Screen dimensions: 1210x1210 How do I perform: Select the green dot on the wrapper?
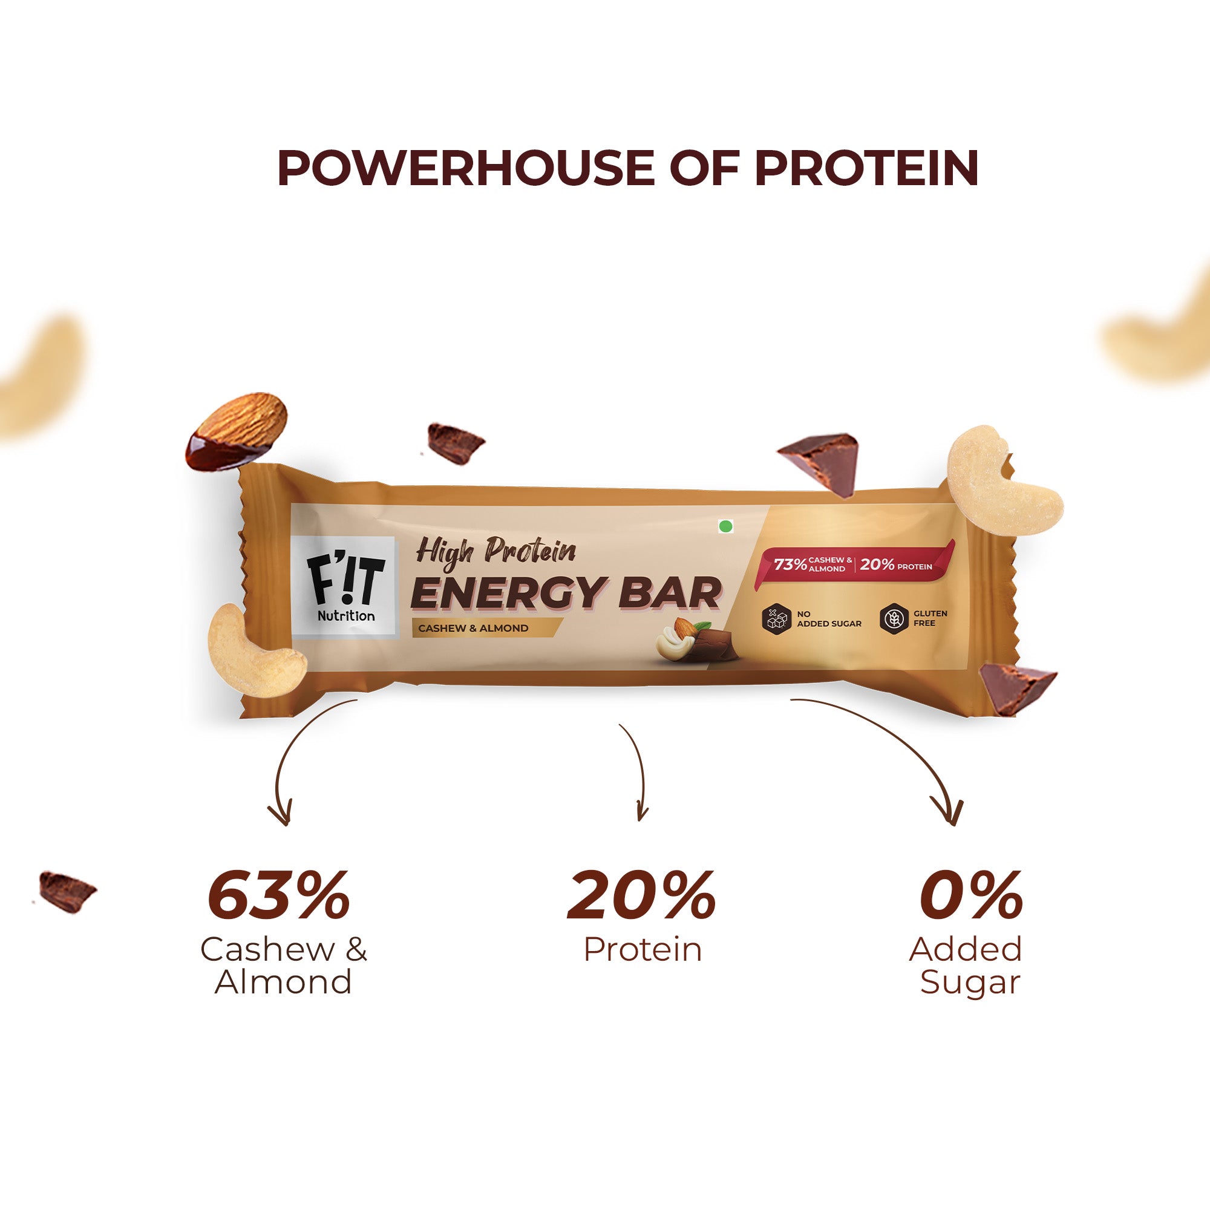(x=726, y=526)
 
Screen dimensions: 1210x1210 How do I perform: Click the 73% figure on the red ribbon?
(x=790, y=564)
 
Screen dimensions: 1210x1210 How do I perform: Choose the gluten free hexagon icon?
(x=892, y=618)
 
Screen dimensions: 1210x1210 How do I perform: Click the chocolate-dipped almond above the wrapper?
(x=237, y=431)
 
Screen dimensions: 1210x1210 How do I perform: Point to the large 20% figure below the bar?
(x=641, y=896)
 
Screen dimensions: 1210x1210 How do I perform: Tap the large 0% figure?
(x=970, y=896)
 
